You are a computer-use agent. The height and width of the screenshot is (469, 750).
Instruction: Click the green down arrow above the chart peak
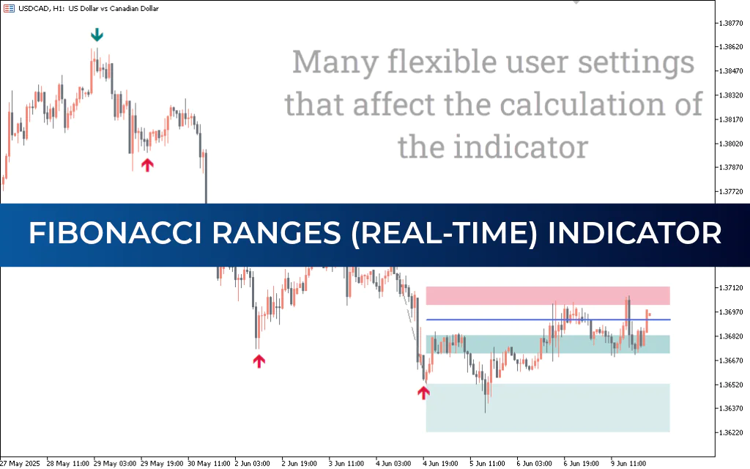[x=96, y=35]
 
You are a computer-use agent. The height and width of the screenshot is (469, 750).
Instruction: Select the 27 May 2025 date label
[x=20, y=463]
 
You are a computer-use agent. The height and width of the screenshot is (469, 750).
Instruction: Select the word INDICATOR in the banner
[x=634, y=234]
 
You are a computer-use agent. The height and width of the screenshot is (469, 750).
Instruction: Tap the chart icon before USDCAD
[x=8, y=8]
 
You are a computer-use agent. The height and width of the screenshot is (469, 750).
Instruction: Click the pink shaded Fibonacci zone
[x=548, y=295]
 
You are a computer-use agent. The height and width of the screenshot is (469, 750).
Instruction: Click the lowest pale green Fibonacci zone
[x=548, y=407]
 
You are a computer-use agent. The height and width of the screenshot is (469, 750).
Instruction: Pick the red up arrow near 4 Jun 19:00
[x=423, y=393]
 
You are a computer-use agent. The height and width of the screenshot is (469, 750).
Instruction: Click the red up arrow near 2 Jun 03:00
[x=259, y=361]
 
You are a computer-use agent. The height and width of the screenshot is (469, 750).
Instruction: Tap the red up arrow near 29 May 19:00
[x=147, y=165]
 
